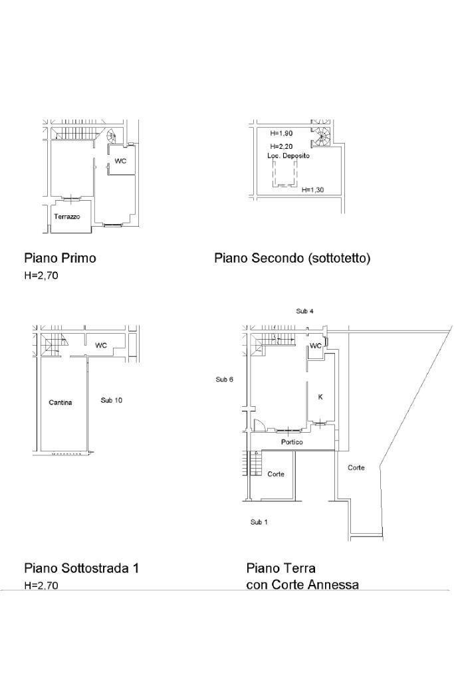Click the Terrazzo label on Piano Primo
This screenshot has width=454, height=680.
click(x=66, y=217)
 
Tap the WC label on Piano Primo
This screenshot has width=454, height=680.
click(x=120, y=161)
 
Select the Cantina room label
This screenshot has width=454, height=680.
click(x=60, y=402)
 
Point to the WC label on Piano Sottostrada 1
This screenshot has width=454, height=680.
click(x=101, y=345)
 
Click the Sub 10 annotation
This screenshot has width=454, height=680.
click(x=112, y=400)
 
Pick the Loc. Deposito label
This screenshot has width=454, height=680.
click(x=288, y=156)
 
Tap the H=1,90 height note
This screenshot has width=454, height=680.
click(x=281, y=133)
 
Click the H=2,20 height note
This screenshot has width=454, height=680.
click(x=281, y=146)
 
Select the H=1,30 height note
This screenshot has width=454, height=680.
click(x=313, y=189)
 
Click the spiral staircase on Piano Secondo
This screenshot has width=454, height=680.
click(x=321, y=137)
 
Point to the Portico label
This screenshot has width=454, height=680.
click(x=292, y=442)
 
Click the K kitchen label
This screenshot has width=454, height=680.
click(x=320, y=397)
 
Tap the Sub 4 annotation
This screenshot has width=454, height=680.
click(x=305, y=311)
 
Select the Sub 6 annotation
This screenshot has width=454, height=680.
click(x=225, y=380)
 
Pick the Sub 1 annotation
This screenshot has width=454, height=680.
click(x=259, y=522)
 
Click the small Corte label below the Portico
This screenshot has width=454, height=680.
click(x=276, y=474)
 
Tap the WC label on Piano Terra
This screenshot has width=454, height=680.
click(x=316, y=346)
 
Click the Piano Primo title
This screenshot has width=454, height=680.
click(x=60, y=258)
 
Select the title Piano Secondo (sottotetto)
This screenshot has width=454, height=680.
click(x=292, y=259)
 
